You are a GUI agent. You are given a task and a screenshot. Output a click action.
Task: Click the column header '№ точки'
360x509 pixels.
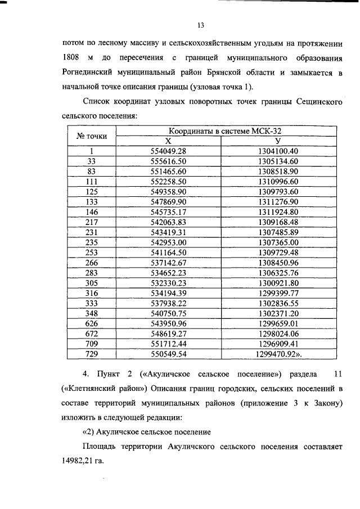point(92,136)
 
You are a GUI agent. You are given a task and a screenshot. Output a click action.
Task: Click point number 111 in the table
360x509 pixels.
point(92,181)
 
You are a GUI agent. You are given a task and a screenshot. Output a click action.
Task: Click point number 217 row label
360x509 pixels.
point(92,222)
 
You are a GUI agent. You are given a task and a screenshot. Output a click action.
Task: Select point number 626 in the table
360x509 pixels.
point(92,323)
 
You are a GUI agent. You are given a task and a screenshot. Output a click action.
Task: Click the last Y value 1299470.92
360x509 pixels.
point(277,353)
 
